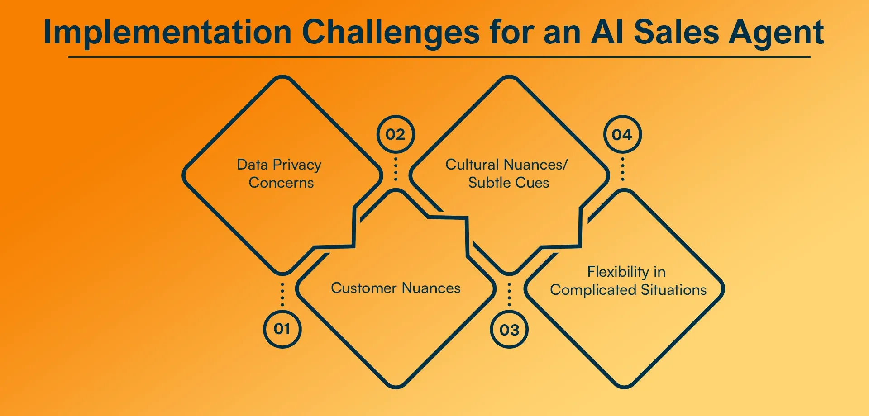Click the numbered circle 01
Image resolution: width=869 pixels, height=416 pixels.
pos(282,329)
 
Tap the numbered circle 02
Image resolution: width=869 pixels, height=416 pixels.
pos(396,134)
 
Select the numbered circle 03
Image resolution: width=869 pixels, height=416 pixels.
pos(509,330)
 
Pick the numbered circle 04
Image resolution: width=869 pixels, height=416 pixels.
pos(622,134)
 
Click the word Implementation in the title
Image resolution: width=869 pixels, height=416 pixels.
pos(167,33)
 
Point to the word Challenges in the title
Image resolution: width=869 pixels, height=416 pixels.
pos(390,33)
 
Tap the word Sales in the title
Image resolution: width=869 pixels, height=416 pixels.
pos(676,33)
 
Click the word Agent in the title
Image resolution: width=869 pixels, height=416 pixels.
pos(776,33)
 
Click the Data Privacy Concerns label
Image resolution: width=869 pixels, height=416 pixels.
pos(280,174)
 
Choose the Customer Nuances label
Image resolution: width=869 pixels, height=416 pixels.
pos(396,288)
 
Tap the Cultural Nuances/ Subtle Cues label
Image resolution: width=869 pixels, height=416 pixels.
pos(507,174)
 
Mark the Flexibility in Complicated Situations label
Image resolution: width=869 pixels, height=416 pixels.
pos(628,281)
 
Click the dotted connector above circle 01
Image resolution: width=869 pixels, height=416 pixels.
pos(282,294)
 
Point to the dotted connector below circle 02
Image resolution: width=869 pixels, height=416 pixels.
pos(396,169)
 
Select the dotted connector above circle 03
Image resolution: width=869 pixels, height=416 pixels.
pos(509,294)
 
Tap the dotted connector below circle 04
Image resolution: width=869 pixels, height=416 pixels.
pos(622,169)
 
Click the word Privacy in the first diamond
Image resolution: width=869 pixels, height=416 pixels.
pos(297,165)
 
